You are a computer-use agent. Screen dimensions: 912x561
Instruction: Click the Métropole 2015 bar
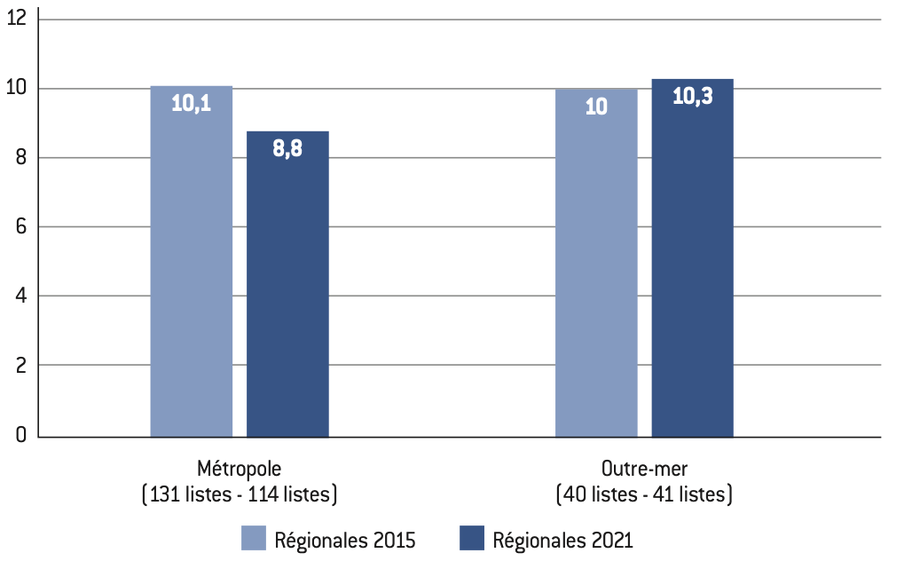[x=192, y=261]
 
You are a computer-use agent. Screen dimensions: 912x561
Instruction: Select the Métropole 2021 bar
[x=288, y=284]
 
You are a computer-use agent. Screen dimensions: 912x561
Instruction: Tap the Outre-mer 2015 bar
[x=596, y=263]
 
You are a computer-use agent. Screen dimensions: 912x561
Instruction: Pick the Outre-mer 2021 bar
[x=692, y=257]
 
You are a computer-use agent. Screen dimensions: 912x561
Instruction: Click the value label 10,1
[x=191, y=104]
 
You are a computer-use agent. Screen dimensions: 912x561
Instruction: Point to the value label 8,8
[x=287, y=148]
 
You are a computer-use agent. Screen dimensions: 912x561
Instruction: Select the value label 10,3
[x=692, y=96]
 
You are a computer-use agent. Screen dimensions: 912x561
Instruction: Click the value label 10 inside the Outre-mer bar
[x=596, y=107]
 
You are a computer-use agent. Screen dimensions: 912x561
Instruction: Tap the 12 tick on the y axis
[x=17, y=18]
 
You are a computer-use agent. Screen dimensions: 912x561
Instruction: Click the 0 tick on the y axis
[x=21, y=435]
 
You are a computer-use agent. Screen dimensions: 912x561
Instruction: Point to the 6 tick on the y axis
[x=21, y=226]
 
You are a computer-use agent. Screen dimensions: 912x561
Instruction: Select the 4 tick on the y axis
[x=21, y=296]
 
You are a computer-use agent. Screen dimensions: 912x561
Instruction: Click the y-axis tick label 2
[x=21, y=366]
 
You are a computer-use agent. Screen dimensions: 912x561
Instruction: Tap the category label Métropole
[x=239, y=469]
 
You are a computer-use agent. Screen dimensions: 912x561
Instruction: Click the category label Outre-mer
[x=644, y=469]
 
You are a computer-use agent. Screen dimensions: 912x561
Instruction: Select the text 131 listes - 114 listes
[x=240, y=494]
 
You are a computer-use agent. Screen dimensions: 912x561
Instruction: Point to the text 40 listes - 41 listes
[x=644, y=494]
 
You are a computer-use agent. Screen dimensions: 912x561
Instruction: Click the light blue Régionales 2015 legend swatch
[x=254, y=538]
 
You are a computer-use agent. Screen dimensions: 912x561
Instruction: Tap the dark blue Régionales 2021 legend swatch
[x=472, y=538]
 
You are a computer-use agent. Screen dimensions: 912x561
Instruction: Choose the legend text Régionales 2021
[x=562, y=541]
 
